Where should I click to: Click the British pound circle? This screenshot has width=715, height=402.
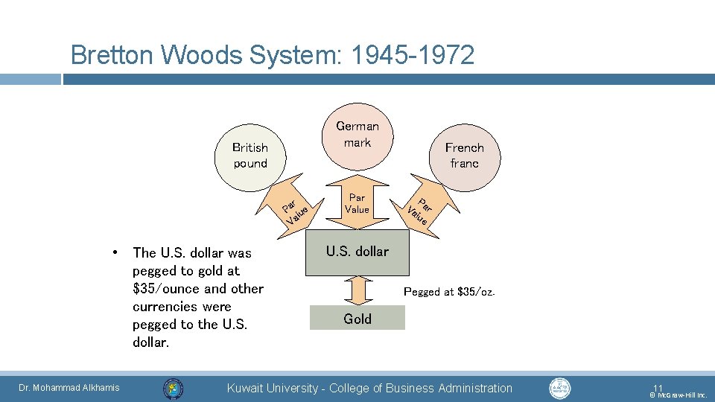point(250,156)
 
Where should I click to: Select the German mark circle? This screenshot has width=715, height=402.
point(357,135)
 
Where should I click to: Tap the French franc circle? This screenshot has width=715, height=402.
point(464,156)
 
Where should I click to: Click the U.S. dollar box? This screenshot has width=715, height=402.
point(357,252)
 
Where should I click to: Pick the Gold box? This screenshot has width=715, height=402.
point(357,319)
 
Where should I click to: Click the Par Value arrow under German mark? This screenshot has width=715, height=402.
point(357,202)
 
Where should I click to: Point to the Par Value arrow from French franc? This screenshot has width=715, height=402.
point(419,208)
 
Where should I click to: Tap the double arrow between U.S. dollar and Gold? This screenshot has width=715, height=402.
point(357,290)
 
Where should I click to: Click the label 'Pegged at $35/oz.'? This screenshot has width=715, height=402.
point(448,292)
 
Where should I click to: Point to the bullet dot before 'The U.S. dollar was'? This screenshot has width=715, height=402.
point(116,252)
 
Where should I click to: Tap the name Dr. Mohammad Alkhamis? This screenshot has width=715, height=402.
point(69,388)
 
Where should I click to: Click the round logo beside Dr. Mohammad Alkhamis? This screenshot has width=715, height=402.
point(173,389)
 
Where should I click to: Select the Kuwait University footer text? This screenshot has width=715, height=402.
point(369,388)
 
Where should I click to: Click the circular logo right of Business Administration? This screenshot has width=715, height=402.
point(559,389)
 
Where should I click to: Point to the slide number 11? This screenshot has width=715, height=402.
point(657,387)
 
